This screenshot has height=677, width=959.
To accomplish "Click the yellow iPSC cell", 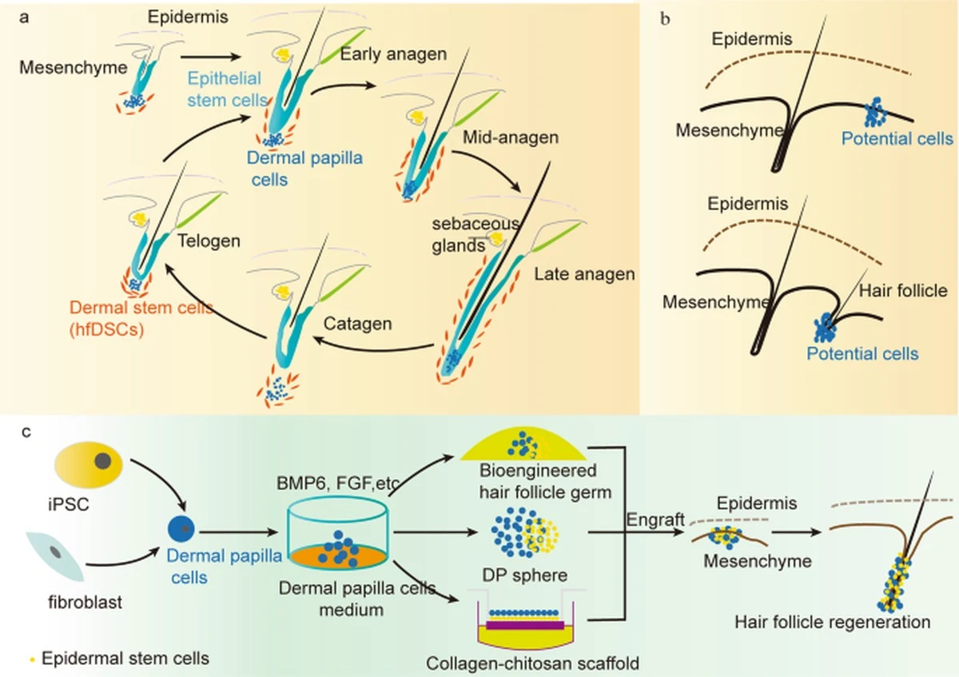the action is coord(89,464).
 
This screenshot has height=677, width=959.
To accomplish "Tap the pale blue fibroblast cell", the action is coord(56,556).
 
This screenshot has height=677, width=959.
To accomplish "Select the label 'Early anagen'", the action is coord(393,54).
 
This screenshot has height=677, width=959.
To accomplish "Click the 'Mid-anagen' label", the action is coord(511,137).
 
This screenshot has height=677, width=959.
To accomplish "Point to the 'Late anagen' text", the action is coord(584,274).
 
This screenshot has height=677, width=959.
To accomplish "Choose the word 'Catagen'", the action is coord(357,324).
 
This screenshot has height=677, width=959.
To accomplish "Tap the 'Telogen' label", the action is coord(209,241).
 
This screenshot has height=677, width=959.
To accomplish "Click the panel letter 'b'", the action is coord(665,19).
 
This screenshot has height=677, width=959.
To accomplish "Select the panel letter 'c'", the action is coord(26,432).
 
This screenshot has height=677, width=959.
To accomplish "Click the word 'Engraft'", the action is coord(655,520).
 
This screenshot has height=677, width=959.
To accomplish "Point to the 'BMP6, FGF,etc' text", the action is coord(338,483).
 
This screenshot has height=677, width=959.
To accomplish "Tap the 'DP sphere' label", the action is coord(525,575).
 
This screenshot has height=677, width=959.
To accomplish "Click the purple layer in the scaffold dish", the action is coord(525,625).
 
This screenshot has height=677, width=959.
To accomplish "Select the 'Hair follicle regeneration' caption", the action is coord(833,622).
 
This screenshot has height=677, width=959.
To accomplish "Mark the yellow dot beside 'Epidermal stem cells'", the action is coord(32,659).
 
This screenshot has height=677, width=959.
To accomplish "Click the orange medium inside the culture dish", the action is coord(338,556).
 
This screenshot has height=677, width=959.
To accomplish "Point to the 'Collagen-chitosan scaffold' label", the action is coord(532,663).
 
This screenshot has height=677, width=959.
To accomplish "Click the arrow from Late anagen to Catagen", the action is coord(373,348).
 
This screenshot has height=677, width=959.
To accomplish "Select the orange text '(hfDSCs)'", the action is coord(106,329).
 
